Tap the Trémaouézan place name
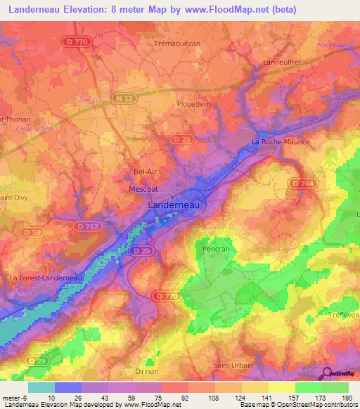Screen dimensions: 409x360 coord(177,44)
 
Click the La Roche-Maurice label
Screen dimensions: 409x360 coord(280,142)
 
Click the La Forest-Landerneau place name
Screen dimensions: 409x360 coord(46,278)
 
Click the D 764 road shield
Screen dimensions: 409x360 coord(301,183)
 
